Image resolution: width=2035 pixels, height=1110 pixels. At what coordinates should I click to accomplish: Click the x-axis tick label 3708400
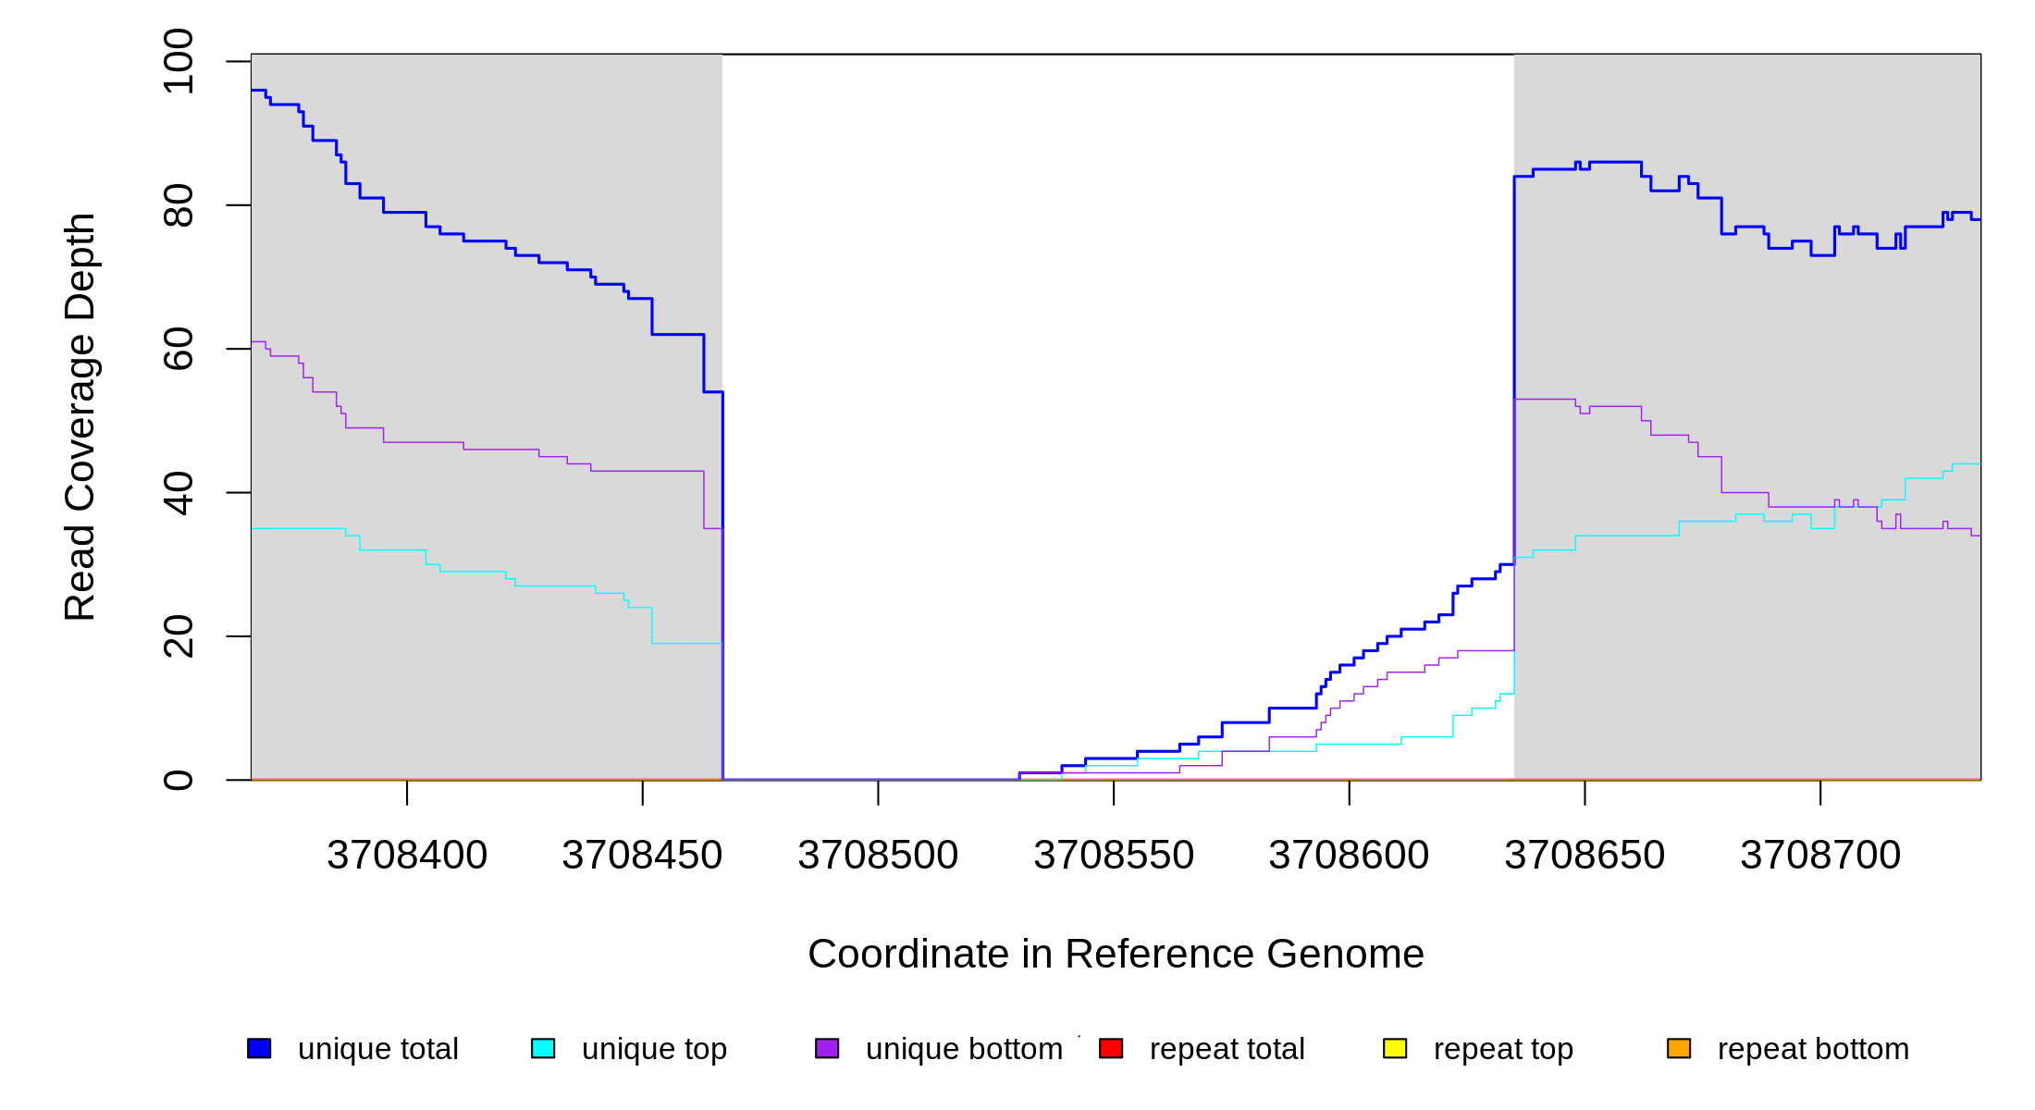click(407, 856)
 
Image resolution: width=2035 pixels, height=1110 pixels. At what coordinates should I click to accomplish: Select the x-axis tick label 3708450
click(642, 856)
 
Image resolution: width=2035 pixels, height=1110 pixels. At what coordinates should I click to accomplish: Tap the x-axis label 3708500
click(878, 856)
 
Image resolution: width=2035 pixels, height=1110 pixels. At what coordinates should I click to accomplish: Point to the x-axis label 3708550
click(1114, 856)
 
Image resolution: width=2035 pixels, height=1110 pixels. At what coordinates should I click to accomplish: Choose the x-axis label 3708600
click(1349, 856)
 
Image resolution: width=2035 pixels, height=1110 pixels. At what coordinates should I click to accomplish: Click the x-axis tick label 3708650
click(1585, 856)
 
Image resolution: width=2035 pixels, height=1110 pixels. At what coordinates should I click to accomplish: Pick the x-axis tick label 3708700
click(1820, 856)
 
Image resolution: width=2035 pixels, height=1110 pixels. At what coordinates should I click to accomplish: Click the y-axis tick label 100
click(178, 61)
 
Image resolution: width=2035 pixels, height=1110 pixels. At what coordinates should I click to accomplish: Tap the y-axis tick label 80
click(178, 205)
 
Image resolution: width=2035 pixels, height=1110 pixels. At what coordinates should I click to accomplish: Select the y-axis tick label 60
click(178, 349)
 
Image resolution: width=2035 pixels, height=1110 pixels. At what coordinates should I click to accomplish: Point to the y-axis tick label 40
click(178, 493)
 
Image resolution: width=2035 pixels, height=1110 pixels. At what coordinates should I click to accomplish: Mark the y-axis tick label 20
click(178, 636)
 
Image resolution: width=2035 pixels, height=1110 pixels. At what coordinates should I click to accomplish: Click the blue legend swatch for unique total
click(259, 1048)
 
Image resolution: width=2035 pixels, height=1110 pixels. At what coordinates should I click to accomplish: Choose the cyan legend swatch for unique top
click(543, 1048)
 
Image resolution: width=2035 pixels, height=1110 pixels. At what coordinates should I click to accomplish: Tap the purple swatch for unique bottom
click(827, 1048)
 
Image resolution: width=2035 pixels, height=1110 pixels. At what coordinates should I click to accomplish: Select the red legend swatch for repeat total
click(1111, 1048)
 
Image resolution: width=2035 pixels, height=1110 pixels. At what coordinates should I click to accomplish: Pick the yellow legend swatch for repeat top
click(1395, 1048)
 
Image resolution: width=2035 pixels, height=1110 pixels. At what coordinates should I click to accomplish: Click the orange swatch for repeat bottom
click(1679, 1048)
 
